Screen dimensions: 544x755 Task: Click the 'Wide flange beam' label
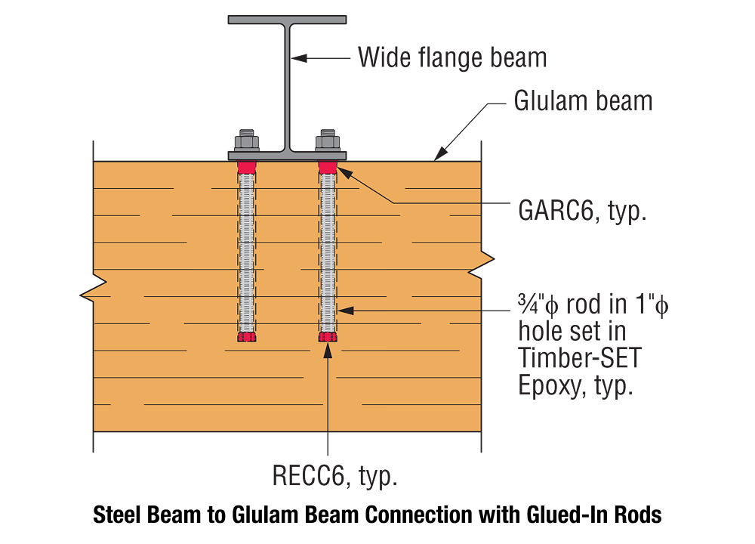coord(452,57)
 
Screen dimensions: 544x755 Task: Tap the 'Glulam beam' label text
coord(583,100)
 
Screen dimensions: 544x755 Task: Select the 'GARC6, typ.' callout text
coord(582,209)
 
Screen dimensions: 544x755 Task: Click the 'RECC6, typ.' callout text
coord(334,477)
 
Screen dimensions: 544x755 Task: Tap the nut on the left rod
coord(247,141)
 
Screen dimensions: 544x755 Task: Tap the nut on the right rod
coord(327,141)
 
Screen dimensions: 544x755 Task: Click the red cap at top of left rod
coord(247,166)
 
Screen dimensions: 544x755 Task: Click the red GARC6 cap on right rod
coord(327,166)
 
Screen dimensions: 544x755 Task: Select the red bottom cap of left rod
coord(247,337)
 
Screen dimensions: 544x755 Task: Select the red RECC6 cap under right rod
coord(327,337)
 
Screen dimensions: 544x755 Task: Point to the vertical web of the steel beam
coord(288,83)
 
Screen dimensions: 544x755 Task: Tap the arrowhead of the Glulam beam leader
coord(439,156)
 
